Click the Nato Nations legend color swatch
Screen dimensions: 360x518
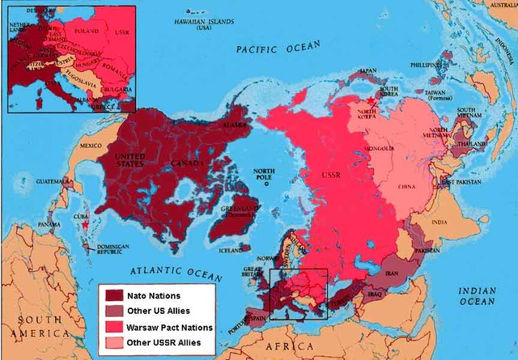point(112,296)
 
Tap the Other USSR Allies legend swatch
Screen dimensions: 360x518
point(112,343)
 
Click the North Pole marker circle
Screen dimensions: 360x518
point(265,184)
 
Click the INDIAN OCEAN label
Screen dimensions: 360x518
point(478,295)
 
